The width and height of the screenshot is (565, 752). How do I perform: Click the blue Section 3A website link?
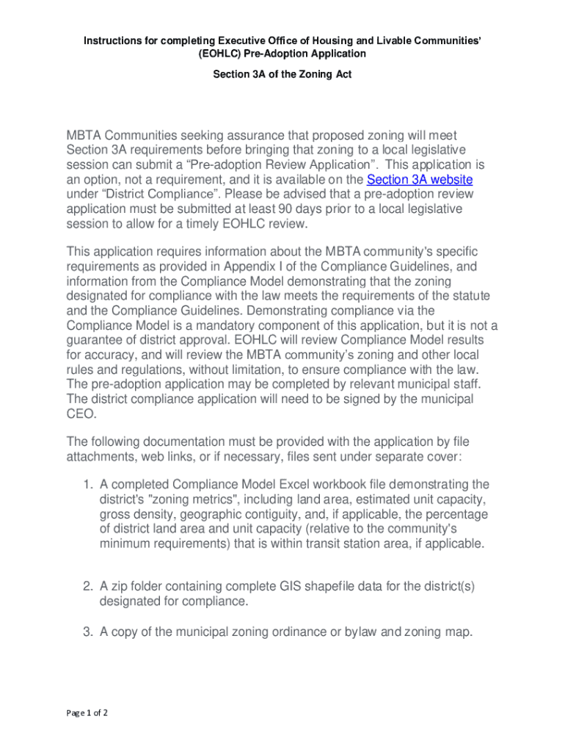pyautogui.click(x=419, y=180)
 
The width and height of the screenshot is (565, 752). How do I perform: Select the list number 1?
pyautogui.click(x=87, y=485)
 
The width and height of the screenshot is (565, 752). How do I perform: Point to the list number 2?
pyautogui.click(x=87, y=586)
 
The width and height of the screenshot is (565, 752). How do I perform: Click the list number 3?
pyautogui.click(x=87, y=631)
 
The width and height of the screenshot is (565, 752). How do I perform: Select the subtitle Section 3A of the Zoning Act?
pyautogui.click(x=282, y=74)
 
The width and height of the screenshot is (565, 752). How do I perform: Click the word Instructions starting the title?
pyautogui.click(x=113, y=39)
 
